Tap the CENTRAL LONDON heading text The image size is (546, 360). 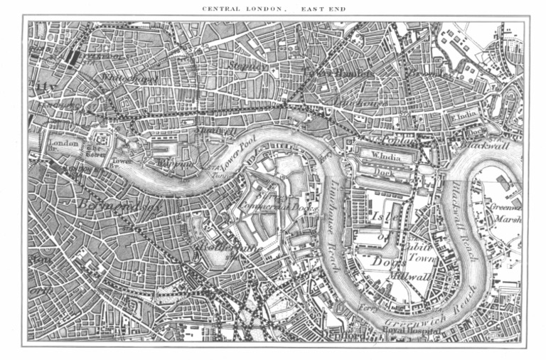point(244,9)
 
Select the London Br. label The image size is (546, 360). point(63,144)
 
